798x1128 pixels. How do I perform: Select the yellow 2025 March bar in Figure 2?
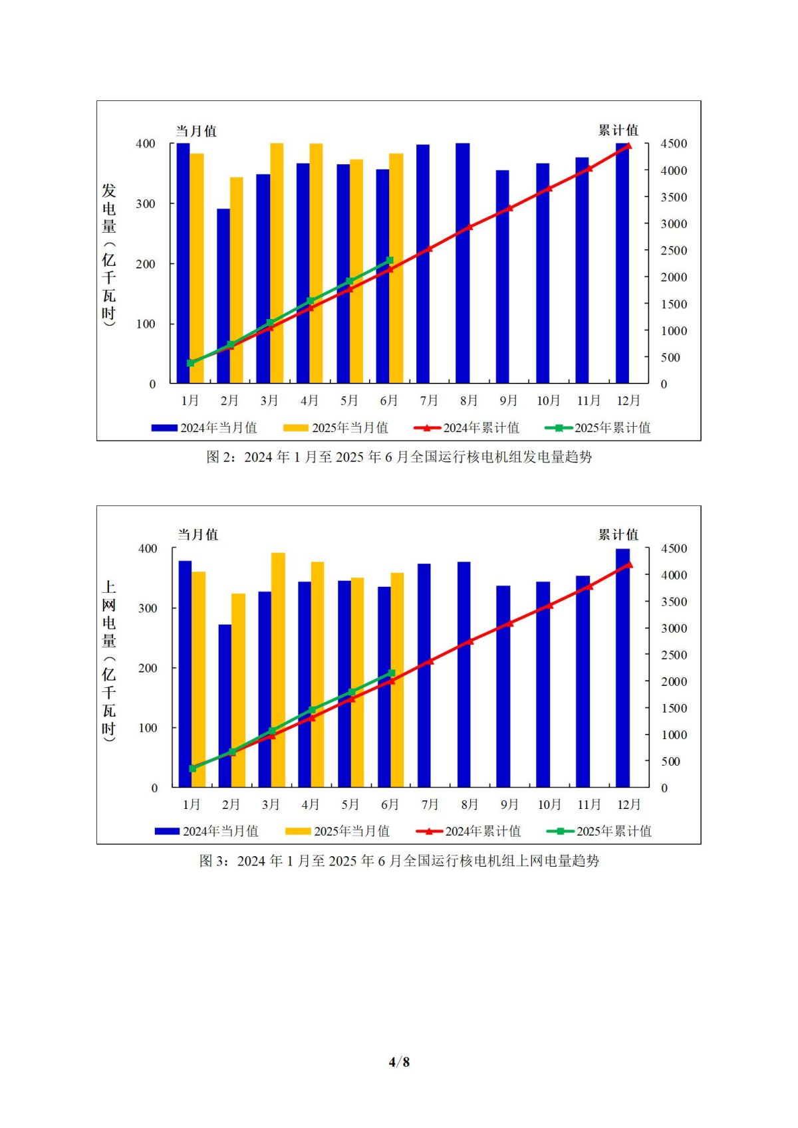coord(277,263)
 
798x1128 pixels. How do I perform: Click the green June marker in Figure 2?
coord(390,261)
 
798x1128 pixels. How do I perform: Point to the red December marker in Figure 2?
coord(629,146)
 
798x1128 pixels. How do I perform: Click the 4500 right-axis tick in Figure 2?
coord(674,144)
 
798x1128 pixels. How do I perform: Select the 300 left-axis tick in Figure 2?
coord(146,204)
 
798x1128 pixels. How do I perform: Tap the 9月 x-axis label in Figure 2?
coord(509,401)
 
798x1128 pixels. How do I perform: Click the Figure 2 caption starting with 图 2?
coord(399,457)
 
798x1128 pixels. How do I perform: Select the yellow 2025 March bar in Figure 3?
coord(279,670)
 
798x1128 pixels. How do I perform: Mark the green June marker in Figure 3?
coord(392,673)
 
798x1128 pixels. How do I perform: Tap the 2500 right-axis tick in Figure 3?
coord(674,655)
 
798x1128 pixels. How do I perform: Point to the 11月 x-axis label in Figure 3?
coord(589,805)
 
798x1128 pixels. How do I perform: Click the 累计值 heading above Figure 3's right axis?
coord(618,535)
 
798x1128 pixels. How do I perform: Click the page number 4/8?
coord(399,1062)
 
